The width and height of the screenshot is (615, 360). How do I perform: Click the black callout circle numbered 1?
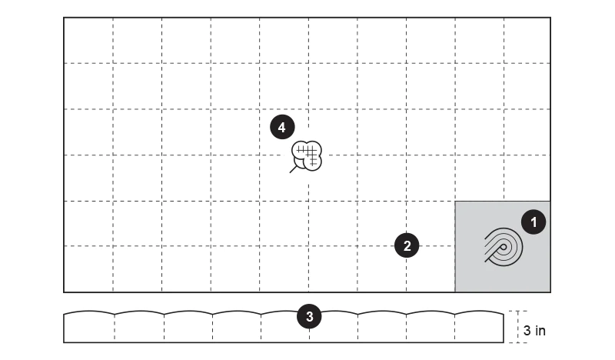tap(534, 222)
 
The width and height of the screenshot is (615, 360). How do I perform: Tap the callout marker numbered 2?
tap(407, 245)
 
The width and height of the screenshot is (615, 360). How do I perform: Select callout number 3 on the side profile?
tap(309, 316)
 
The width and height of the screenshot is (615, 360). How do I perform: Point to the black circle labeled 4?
tap(282, 127)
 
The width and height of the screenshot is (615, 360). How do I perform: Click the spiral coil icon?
tap(504, 247)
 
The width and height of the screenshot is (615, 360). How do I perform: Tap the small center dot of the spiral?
tap(503, 248)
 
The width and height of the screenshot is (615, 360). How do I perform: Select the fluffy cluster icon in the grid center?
tap(306, 156)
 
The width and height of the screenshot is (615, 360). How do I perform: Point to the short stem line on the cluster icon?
tap(293, 169)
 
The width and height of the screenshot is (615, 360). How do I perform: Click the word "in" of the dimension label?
tap(540, 331)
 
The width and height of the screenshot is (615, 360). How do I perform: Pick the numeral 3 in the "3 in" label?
tap(527, 331)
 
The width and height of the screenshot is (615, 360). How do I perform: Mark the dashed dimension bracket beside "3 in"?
tap(514, 327)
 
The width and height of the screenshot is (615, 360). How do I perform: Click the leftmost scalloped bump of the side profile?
tap(89, 312)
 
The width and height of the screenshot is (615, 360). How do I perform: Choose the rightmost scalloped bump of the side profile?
tap(479, 312)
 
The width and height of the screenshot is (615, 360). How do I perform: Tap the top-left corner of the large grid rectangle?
tap(64, 18)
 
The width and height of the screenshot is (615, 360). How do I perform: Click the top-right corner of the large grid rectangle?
tap(550, 18)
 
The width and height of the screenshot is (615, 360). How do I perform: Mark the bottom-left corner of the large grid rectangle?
tap(64, 292)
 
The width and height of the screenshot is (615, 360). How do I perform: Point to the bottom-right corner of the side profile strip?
tap(504, 342)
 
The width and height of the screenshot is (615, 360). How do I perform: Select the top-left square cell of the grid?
tap(88, 41)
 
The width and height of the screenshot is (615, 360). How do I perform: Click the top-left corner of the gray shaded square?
tap(455, 202)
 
